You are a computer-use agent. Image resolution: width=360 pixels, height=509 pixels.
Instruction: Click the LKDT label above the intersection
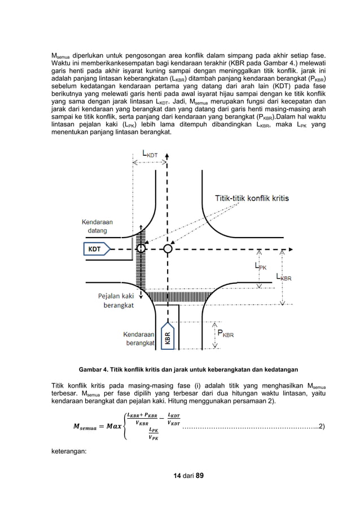click(150, 153)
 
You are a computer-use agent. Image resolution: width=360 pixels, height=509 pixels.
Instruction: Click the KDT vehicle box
click(94, 248)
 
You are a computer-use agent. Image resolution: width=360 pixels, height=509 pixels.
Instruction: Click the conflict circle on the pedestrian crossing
click(141, 248)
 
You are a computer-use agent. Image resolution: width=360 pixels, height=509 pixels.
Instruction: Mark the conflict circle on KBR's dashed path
click(167, 248)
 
